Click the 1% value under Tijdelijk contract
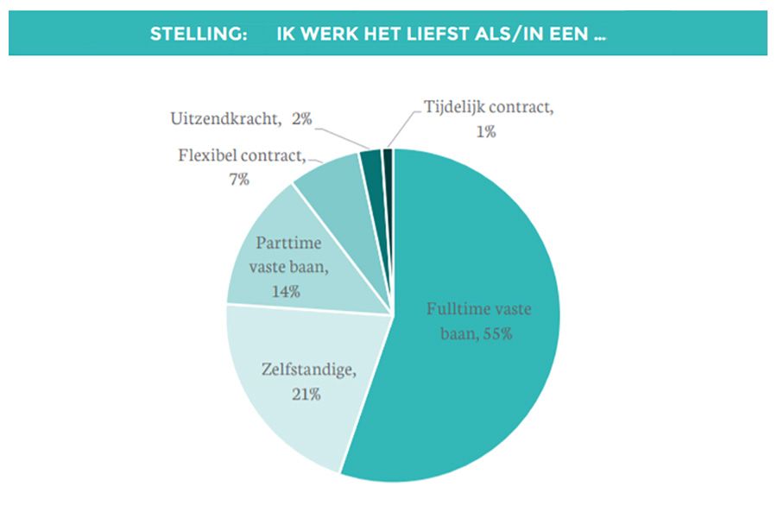tap(483, 131)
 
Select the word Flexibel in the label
tap(207, 157)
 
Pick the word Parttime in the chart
tap(288, 244)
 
